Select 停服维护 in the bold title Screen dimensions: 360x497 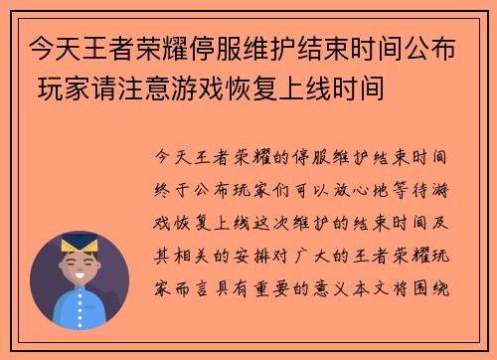pos(248,47)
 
